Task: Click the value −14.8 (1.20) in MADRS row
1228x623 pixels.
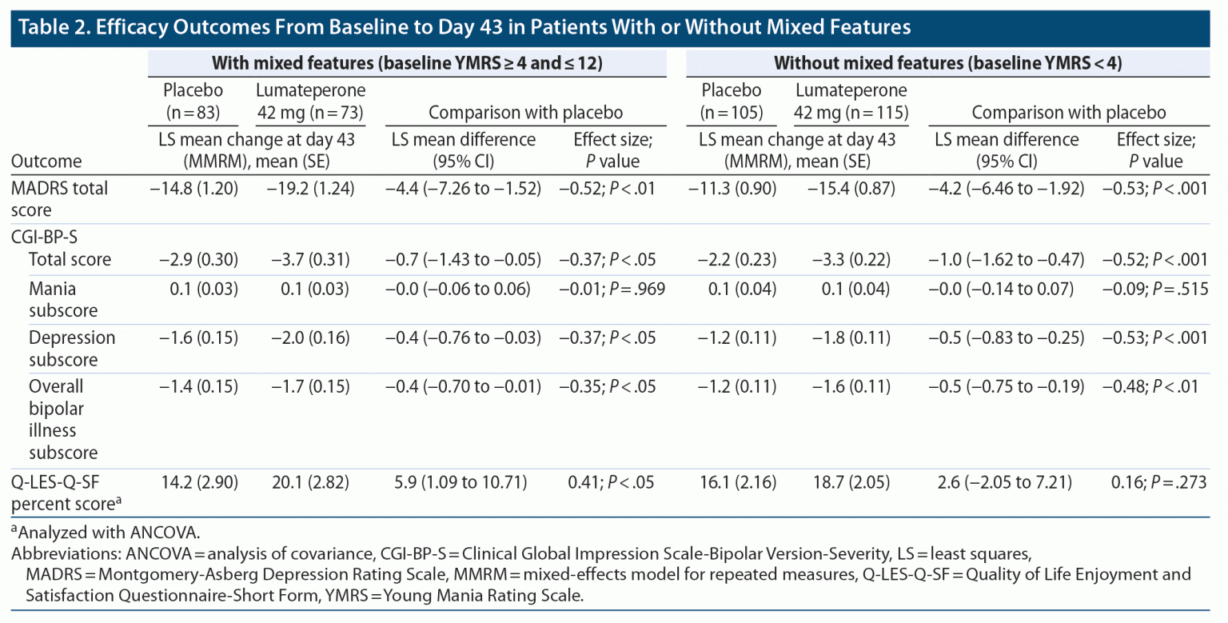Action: [193, 189]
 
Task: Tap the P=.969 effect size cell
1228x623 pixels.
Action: [607, 288]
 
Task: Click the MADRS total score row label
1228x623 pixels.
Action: [59, 199]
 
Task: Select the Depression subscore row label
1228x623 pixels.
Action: [72, 348]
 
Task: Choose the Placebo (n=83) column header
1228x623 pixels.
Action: [193, 101]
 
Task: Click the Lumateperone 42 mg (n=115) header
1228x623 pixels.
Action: [851, 101]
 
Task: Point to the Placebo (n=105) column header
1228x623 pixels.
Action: [731, 101]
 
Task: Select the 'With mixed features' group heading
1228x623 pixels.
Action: [406, 64]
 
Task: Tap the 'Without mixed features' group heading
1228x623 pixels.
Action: [948, 64]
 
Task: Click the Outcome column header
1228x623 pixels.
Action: [46, 161]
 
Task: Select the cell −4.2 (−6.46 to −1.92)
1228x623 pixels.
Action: [1006, 189]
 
